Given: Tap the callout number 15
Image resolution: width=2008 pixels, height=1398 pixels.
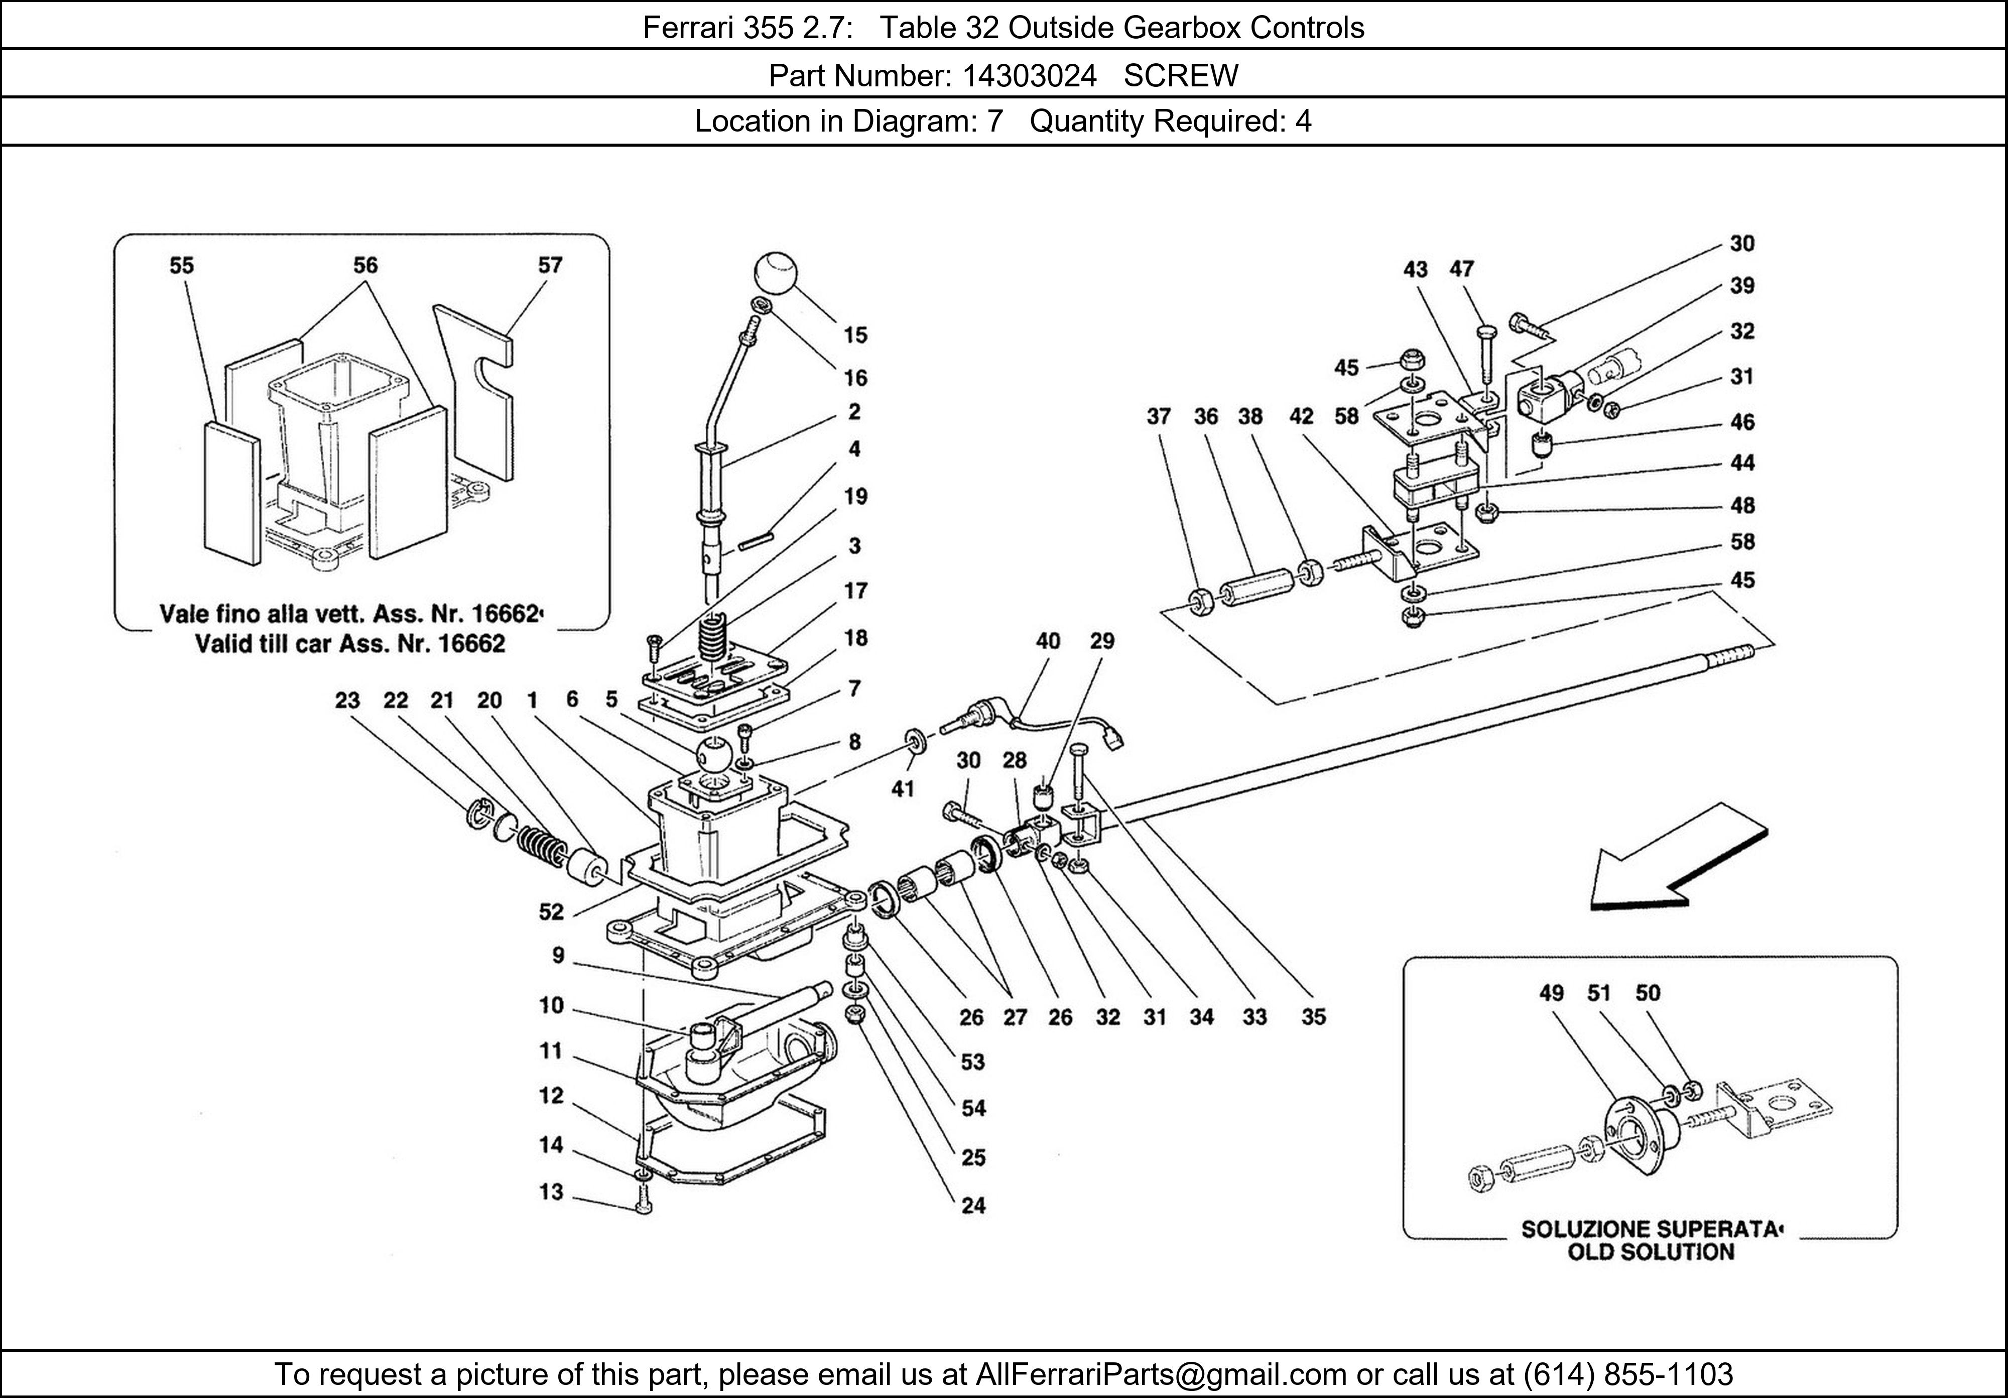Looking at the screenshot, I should pos(854,335).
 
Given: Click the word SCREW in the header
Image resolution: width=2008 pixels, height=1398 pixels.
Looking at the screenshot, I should pos(1181,76).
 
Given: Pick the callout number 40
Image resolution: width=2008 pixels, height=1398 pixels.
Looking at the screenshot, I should pos(1048,641).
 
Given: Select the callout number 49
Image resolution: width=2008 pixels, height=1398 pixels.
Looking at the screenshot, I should pos(1552,992).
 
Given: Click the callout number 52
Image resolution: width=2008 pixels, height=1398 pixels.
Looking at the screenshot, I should pos(551,912).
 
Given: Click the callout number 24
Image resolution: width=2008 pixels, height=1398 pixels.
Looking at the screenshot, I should pos(973,1206).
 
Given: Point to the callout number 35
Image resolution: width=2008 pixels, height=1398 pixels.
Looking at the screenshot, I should pos(1314,1016).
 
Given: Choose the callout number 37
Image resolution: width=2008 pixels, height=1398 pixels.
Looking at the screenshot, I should pos(1159,416).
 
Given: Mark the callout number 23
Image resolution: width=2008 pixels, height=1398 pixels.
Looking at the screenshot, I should pos(347,700).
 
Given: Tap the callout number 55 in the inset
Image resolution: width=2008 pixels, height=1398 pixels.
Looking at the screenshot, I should pos(181,265).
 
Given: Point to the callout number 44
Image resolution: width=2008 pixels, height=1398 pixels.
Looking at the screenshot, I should pos(1742,463).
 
